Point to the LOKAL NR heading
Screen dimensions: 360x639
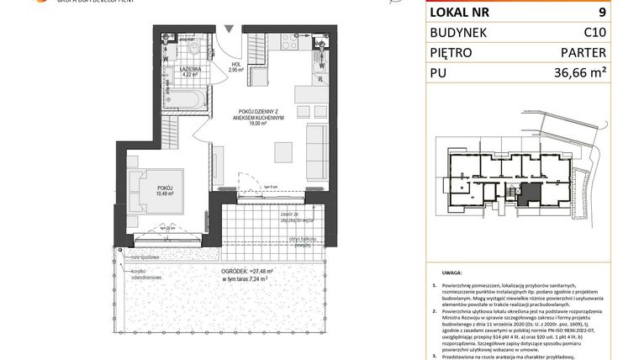460,13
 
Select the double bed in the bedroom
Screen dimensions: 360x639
152,193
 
